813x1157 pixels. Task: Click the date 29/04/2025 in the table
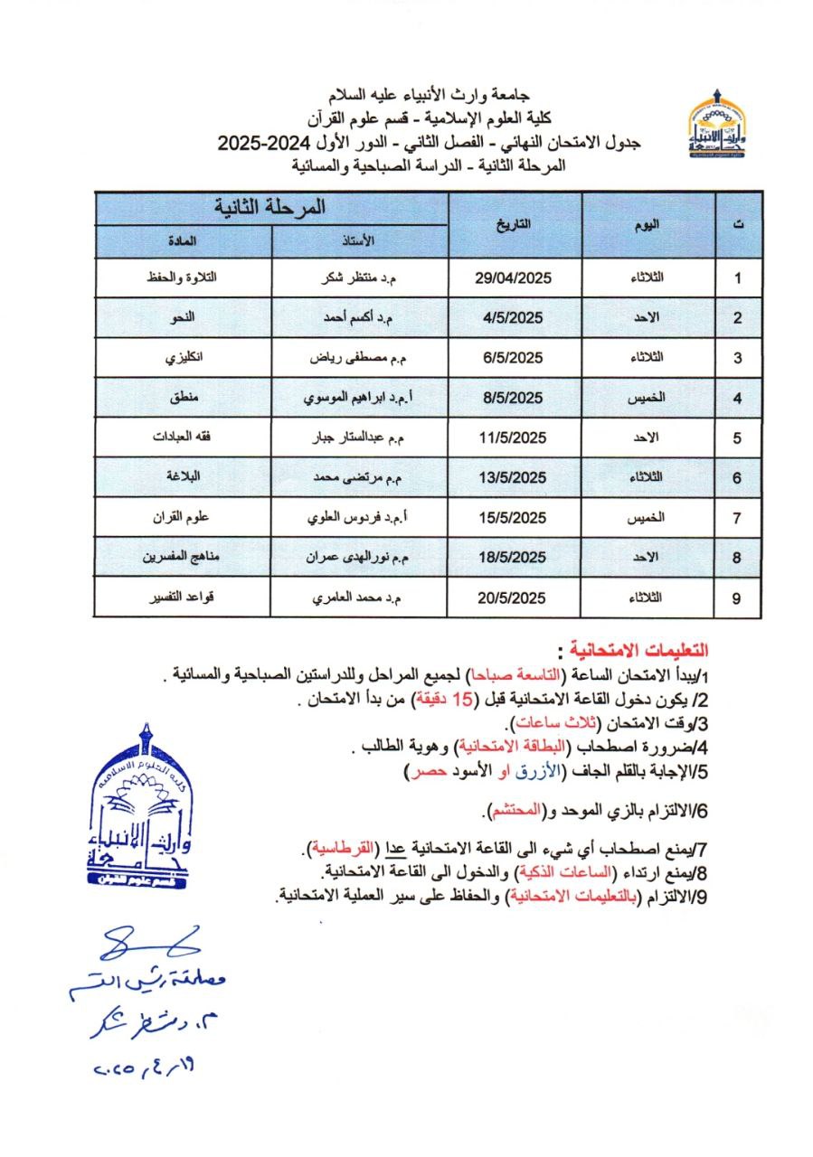click(x=513, y=278)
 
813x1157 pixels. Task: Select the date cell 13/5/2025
click(x=513, y=478)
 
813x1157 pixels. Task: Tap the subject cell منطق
click(x=183, y=398)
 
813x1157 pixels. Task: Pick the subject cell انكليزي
click(x=183, y=358)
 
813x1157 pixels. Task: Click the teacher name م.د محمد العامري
click(x=360, y=598)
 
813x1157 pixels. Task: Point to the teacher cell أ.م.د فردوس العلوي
click(x=360, y=518)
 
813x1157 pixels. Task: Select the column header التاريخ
click(x=515, y=223)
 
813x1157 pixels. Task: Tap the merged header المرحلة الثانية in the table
click(x=271, y=207)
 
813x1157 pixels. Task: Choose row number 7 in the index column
click(x=738, y=519)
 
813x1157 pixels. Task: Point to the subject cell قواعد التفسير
click(x=183, y=598)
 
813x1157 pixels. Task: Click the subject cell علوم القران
click(x=183, y=518)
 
